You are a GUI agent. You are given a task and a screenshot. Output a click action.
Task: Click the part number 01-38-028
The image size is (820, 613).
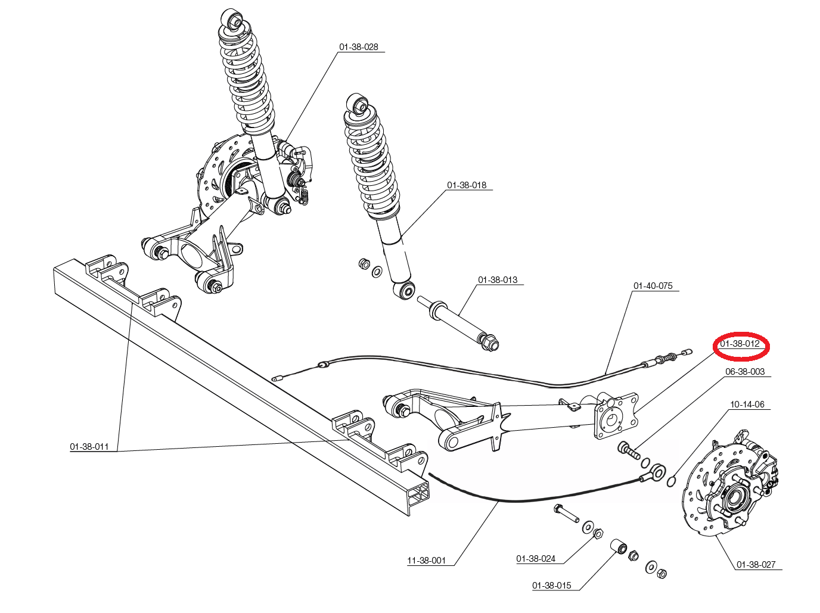point(358,47)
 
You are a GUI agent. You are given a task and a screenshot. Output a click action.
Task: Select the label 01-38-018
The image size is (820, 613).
point(467,185)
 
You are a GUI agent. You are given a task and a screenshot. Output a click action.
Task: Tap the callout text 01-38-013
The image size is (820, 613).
point(498,279)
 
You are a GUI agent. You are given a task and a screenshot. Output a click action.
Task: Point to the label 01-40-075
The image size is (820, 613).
point(653,285)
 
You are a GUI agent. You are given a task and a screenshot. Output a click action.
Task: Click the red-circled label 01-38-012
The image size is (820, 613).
point(740,343)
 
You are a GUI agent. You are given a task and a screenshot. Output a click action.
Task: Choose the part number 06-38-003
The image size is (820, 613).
point(745,372)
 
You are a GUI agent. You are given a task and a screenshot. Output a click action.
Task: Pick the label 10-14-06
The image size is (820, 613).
point(747,404)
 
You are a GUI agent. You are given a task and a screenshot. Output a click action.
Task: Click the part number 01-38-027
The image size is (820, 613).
point(756,565)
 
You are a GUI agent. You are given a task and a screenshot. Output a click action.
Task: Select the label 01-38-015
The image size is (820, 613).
point(551,586)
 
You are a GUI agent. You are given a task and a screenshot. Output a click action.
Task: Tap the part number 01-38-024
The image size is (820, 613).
point(536,559)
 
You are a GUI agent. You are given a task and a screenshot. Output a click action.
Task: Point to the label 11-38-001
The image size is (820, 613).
point(426,561)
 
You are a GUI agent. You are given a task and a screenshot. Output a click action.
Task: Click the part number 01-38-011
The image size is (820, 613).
point(89,447)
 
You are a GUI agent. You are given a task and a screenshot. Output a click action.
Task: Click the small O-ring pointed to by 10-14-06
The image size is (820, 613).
point(671,481)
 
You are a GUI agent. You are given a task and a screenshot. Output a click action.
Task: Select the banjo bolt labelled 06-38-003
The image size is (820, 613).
point(629,451)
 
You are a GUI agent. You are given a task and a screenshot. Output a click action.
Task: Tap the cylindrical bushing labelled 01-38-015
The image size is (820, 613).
point(619,547)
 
